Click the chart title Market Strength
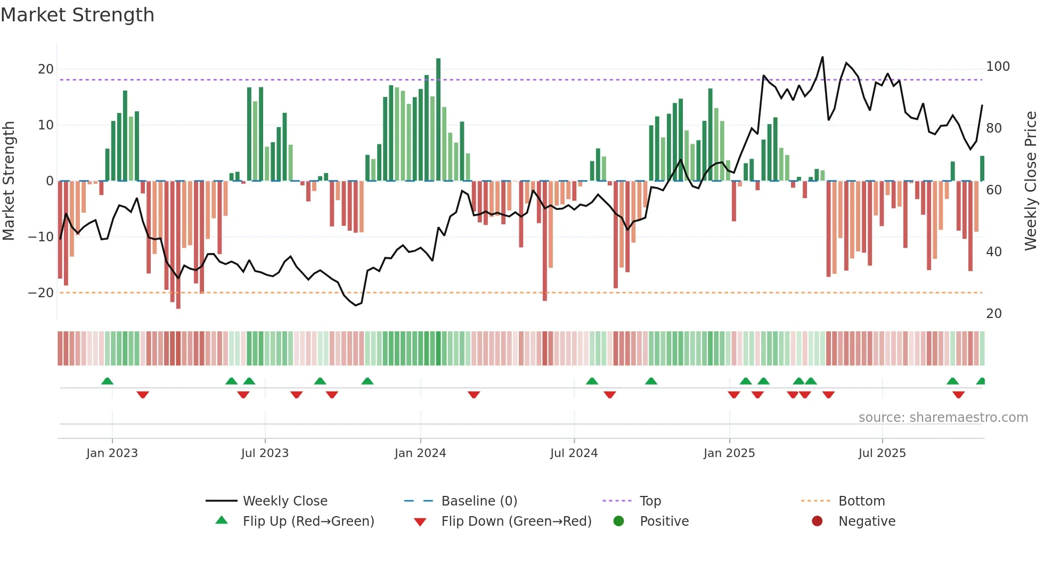pyautogui.click(x=77, y=15)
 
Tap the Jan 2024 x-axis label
pyautogui.click(x=420, y=453)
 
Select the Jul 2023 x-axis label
pyautogui.click(x=265, y=453)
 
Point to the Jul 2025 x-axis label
pyautogui.click(x=882, y=453)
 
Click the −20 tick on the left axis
pyautogui.click(x=41, y=293)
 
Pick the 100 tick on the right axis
pyautogui.click(x=998, y=67)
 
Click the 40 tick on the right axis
pyautogui.click(x=994, y=252)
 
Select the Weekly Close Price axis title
pyautogui.click(x=1031, y=181)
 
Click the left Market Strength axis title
pyautogui.click(x=9, y=181)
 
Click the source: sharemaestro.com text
pyautogui.click(x=943, y=418)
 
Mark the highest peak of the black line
pyautogui.click(x=822, y=58)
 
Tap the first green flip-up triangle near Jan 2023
pyautogui.click(x=107, y=381)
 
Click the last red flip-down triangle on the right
pyautogui.click(x=958, y=395)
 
